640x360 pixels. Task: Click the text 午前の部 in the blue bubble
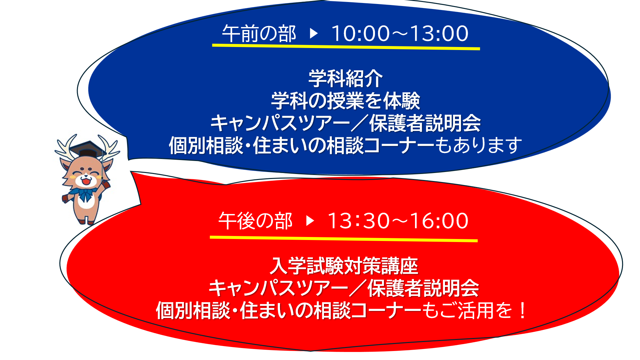point(259,34)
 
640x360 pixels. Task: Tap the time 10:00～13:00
point(400,34)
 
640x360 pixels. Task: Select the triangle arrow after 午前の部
point(314,33)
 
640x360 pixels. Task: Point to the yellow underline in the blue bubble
point(346,47)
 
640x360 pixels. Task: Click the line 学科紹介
point(346,79)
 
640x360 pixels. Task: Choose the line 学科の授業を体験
point(346,101)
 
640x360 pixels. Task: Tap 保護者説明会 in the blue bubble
point(425,123)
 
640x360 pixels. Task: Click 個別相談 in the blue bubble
point(206,146)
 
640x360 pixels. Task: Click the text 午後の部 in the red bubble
point(255,221)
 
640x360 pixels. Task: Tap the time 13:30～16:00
point(398,221)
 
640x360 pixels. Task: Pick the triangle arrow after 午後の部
point(310,221)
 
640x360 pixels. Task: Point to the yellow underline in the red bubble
point(344,238)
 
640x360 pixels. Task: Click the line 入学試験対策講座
point(344,266)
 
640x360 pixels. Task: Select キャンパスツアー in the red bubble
point(278,288)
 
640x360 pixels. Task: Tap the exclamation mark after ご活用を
point(522,310)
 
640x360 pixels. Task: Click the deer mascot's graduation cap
point(88,149)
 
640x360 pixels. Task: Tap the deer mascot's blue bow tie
point(85,194)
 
